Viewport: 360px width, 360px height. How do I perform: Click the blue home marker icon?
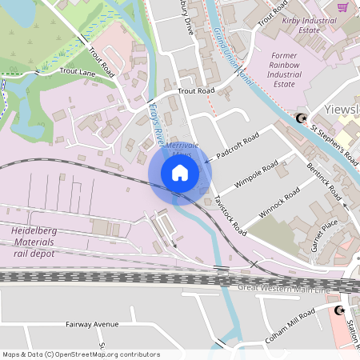(x=180, y=173)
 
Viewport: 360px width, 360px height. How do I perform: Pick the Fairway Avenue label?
(x=92, y=325)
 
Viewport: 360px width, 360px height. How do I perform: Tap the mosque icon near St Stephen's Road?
(x=302, y=119)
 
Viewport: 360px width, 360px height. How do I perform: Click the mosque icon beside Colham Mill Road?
(x=339, y=310)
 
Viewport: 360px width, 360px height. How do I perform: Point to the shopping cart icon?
(x=342, y=7)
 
